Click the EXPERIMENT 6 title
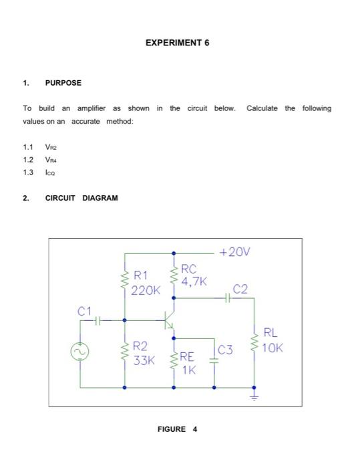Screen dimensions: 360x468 177,42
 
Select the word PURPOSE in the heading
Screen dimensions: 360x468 63,83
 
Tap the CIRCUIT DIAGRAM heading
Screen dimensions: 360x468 81,198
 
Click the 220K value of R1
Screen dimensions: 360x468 146,291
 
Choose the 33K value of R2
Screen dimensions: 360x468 144,360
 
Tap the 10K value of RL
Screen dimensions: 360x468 273,348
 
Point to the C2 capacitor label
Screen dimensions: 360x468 240,288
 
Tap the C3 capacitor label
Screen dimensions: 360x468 225,349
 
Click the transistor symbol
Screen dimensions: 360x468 170,320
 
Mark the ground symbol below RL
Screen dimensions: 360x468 254,395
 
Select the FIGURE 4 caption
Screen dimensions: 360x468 177,429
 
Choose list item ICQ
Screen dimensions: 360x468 51,172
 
